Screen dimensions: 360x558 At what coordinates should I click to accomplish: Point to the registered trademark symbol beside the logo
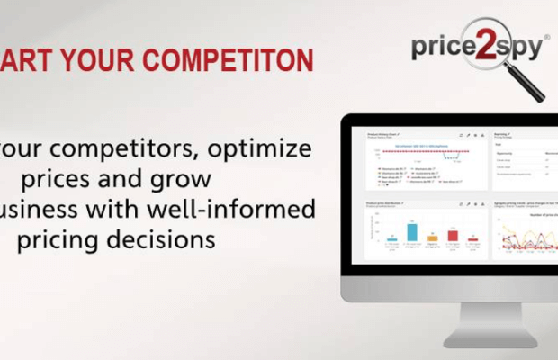pyautogui.click(x=544, y=37)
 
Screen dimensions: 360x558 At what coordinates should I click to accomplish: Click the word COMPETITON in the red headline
pyautogui.click(x=229, y=60)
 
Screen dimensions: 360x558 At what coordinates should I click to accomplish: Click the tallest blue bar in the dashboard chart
pyautogui.click(x=412, y=231)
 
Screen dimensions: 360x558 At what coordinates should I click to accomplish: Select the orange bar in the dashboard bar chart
pyautogui.click(x=433, y=238)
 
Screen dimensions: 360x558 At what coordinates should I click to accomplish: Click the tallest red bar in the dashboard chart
pyautogui.click(x=453, y=235)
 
